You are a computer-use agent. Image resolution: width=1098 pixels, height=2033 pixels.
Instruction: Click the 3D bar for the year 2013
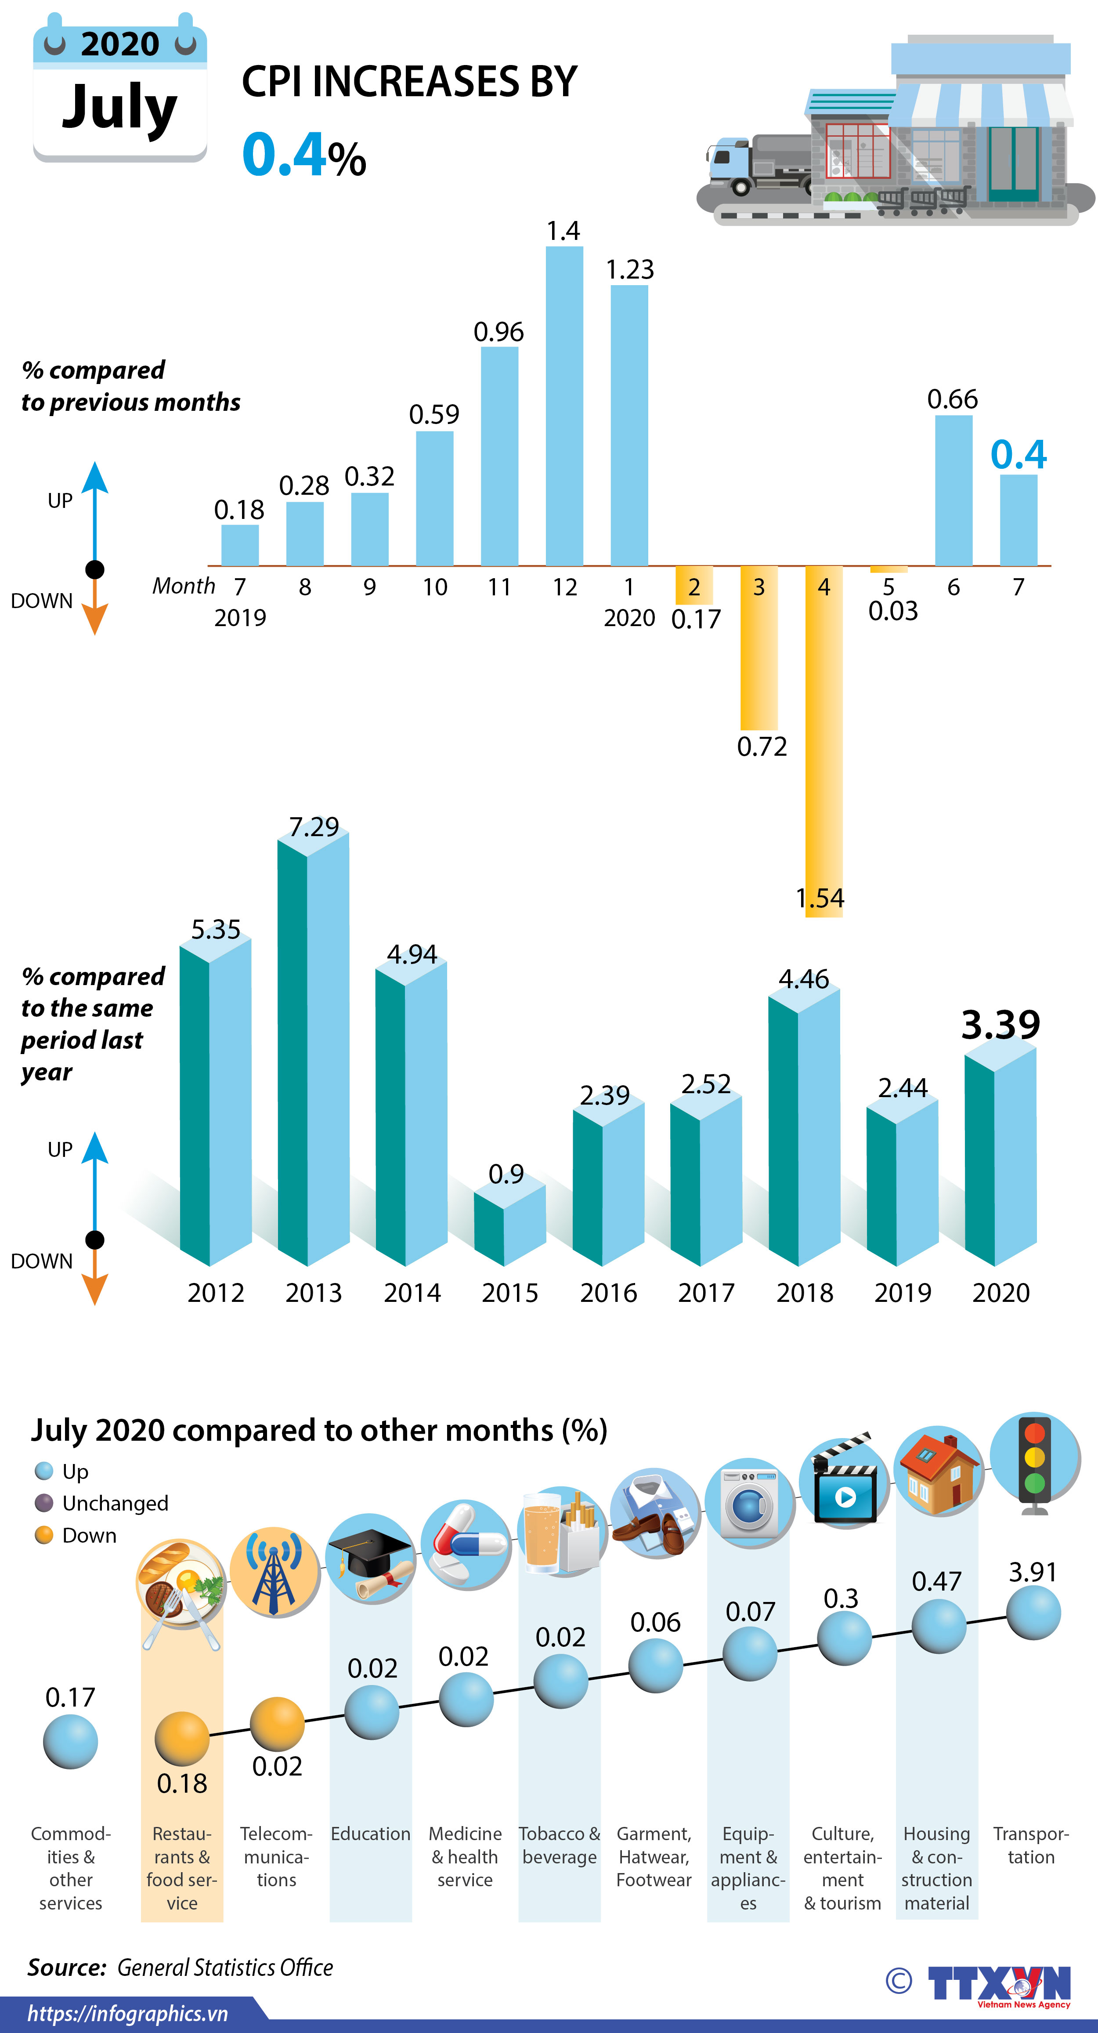pyautogui.click(x=313, y=1050)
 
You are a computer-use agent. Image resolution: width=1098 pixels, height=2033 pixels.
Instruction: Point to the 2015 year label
pyautogui.click(x=509, y=1293)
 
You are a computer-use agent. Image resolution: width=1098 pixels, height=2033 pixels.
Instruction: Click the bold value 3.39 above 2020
pyautogui.click(x=1000, y=1024)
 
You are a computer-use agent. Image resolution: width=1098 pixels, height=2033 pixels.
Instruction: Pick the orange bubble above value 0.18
pyautogui.click(x=182, y=1738)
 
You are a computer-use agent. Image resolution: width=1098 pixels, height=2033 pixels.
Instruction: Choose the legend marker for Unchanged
pyautogui.click(x=44, y=1503)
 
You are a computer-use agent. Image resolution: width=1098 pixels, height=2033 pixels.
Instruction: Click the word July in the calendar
pyautogui.click(x=120, y=108)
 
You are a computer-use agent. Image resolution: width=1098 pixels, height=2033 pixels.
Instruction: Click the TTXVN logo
pyautogui.click(x=998, y=1983)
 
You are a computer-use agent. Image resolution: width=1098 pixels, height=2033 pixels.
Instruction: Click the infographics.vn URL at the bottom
pyautogui.click(x=128, y=2013)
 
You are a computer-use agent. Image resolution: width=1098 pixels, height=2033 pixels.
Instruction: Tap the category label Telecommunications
pyautogui.click(x=276, y=1856)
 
